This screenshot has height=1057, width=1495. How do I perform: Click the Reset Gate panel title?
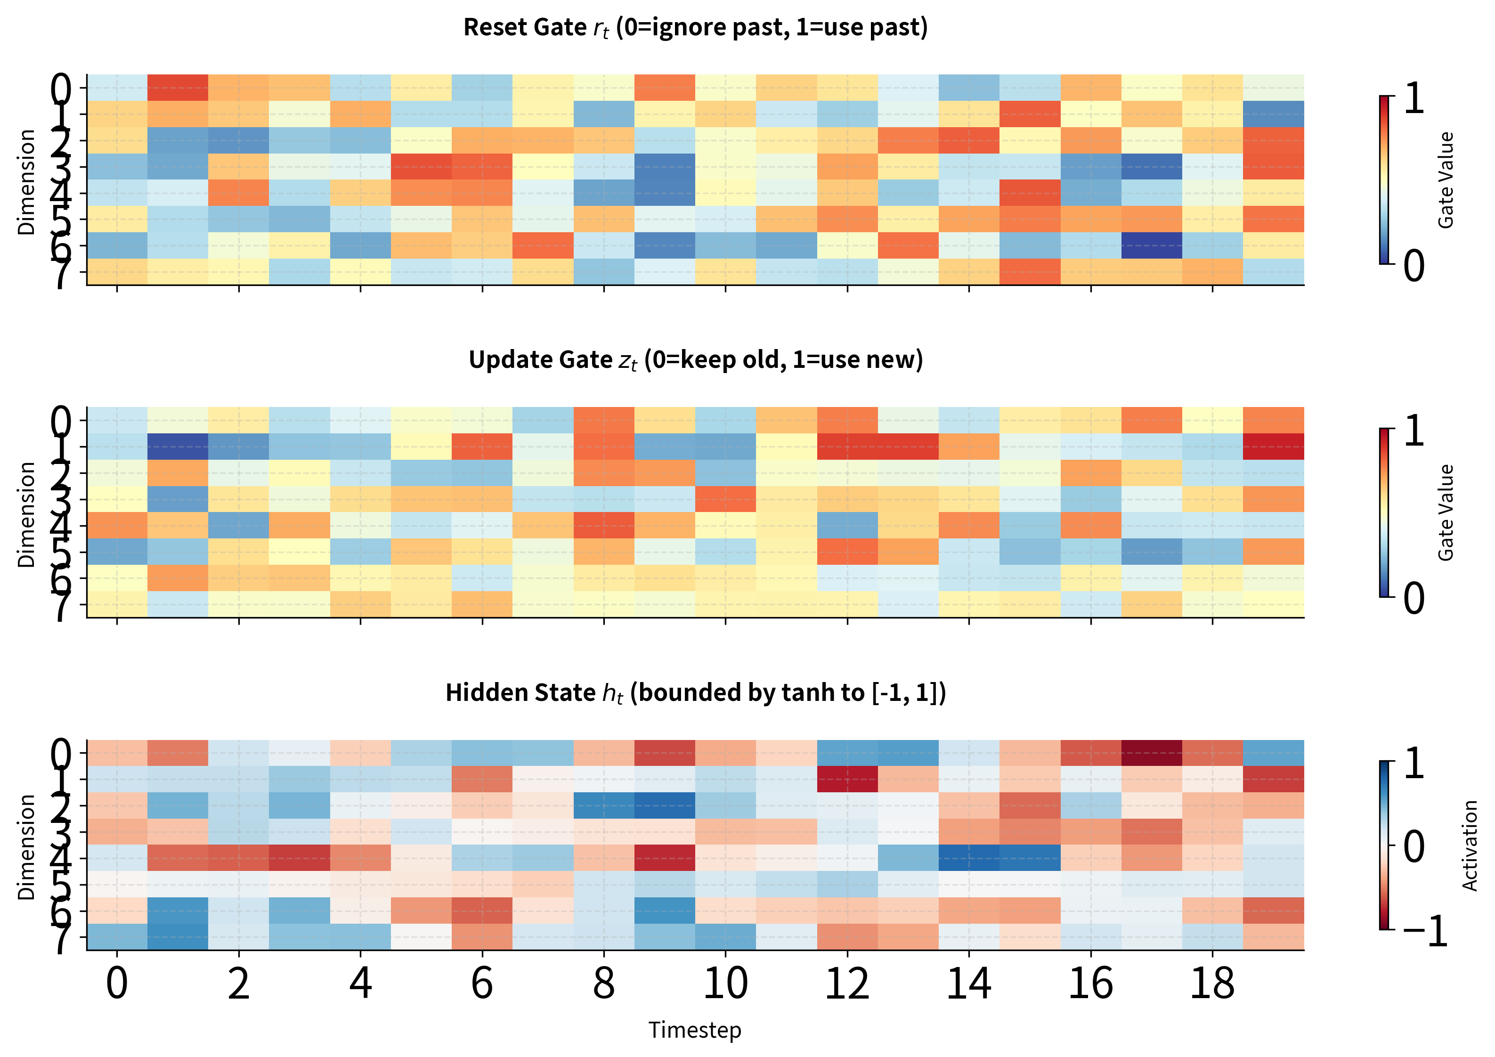point(695,27)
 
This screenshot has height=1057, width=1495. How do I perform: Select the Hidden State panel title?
point(695,692)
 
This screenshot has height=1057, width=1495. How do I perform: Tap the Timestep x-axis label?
point(695,1030)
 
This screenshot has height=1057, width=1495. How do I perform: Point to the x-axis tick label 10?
point(725,984)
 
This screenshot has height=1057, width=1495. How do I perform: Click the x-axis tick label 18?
point(1212,984)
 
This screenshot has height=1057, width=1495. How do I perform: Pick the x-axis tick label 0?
point(117,984)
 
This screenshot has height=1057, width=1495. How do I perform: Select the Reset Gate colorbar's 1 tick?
point(1414,98)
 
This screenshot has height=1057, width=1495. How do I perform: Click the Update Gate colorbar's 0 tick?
point(1414,598)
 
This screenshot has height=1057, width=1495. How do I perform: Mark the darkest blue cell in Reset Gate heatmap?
point(1151,245)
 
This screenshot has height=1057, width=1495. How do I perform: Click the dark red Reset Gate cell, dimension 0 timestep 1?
point(178,88)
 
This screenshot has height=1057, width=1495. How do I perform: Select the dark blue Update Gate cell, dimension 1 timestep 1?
point(178,446)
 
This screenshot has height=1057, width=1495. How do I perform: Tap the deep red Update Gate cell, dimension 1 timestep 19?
point(1273,446)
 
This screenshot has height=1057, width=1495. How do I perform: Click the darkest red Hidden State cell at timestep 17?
point(1151,753)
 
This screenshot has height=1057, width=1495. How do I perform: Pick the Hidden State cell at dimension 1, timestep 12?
point(847,779)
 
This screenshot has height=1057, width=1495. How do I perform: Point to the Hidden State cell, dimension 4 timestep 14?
point(969,858)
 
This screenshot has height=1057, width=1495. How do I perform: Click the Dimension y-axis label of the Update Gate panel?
point(26,514)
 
